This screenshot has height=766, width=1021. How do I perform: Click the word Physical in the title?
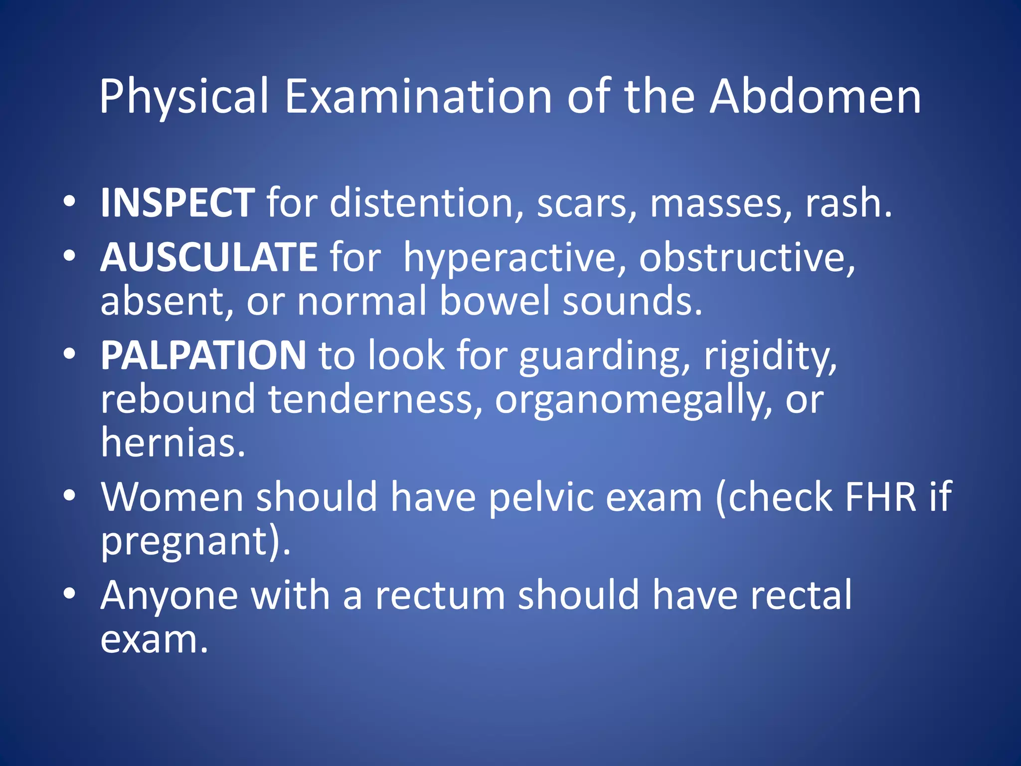coord(184,97)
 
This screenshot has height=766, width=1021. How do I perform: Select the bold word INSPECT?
coord(177,203)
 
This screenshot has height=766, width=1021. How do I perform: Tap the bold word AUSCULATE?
coord(209,257)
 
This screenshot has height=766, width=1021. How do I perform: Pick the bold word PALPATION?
coord(203,355)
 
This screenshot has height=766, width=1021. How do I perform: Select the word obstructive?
coord(747,257)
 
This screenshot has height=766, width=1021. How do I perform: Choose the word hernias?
coord(173,443)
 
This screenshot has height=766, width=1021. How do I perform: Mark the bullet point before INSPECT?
coord(70,201)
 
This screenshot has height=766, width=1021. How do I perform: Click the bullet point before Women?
coord(70,495)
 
